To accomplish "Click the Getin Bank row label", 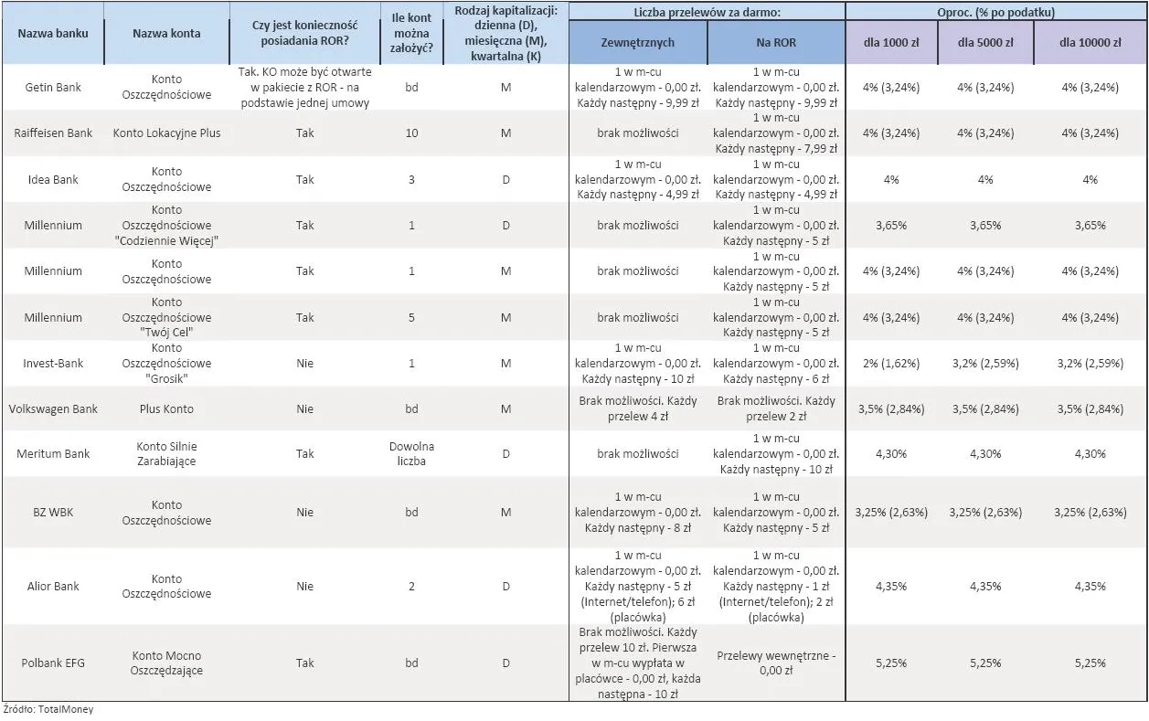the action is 53,87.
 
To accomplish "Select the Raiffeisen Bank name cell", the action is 53,133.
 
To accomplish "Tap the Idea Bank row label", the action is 53,179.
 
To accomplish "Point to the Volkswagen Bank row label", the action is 53,408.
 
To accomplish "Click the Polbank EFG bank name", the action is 53,663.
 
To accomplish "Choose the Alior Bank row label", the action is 53,586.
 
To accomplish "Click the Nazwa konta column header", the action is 166,33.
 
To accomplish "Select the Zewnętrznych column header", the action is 638,43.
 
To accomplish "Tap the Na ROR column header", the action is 776,43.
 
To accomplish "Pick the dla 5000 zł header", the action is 985,43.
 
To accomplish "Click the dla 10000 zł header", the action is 1090,43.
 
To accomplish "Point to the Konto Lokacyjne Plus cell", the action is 166,133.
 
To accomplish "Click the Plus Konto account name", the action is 166,408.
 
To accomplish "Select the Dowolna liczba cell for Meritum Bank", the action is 411,454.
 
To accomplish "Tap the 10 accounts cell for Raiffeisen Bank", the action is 411,133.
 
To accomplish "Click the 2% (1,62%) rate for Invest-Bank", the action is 891,363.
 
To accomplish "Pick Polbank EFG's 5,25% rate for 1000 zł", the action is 891,663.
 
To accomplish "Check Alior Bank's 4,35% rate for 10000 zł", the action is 1090,586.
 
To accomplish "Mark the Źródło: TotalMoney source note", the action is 48,709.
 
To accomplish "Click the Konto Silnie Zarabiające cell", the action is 166,454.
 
